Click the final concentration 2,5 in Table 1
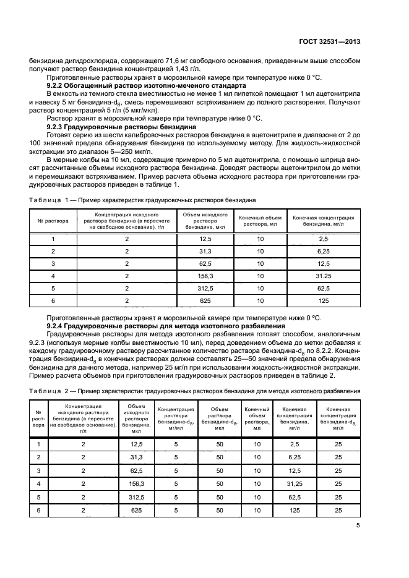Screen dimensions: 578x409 [323, 239]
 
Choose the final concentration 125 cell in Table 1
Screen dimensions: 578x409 [323, 300]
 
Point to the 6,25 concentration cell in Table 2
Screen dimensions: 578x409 [295, 457]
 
